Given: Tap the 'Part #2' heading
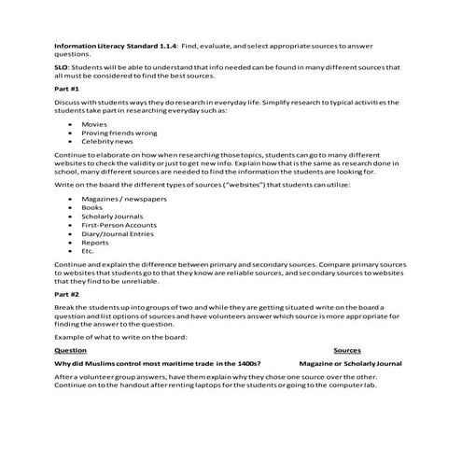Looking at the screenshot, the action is tap(66, 292).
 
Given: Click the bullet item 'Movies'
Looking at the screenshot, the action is tap(93, 123).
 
